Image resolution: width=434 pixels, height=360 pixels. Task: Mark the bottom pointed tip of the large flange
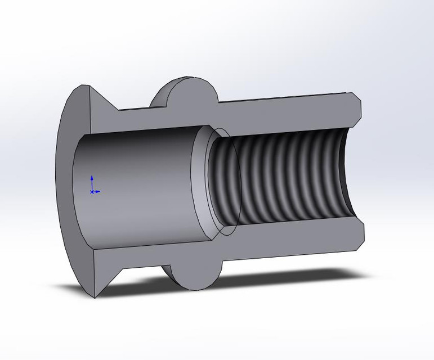coord(93,295)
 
